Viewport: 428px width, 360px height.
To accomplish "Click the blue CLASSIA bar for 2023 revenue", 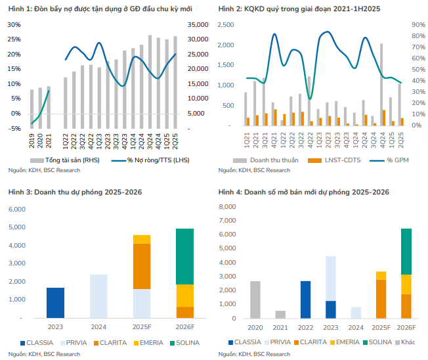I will click(x=55, y=302).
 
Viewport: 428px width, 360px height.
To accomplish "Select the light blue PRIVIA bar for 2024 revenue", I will click(x=98, y=296).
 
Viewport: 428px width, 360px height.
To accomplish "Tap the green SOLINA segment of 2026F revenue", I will click(x=185, y=256).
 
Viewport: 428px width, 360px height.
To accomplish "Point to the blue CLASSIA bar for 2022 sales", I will click(x=305, y=299).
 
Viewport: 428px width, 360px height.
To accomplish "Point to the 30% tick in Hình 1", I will click(x=14, y=24).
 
